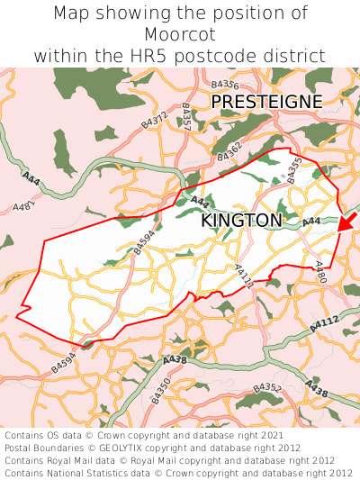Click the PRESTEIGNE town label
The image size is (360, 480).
[x=266, y=102]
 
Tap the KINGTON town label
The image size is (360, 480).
[x=241, y=221]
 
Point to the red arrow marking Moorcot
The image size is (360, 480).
[x=346, y=222]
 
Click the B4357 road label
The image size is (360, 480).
[x=186, y=118]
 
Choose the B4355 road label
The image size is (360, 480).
[x=295, y=170]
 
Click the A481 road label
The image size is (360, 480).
[x=24, y=206]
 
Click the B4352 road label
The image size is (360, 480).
[x=267, y=387]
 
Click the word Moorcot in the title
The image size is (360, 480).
[x=180, y=34]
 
